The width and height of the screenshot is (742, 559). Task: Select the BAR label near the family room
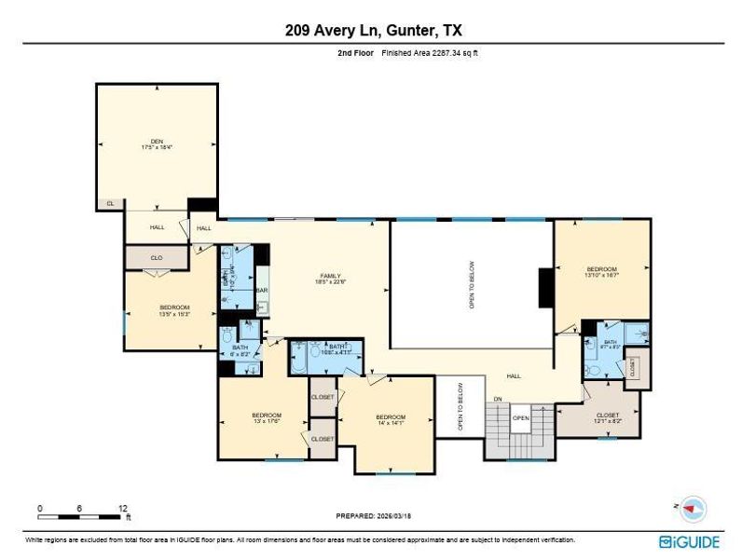coord(262,290)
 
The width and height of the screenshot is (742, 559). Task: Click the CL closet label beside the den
coord(110,203)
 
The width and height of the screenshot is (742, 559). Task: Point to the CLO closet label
coord(158,257)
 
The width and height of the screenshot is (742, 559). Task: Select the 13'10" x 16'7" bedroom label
coord(601,271)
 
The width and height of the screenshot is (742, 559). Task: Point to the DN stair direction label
coord(498,399)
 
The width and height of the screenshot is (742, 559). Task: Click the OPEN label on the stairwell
coord(520,417)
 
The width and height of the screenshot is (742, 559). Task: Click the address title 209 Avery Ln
coord(370,30)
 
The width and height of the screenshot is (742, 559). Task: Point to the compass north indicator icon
coord(693,509)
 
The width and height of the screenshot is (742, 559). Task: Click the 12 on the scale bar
coord(122,508)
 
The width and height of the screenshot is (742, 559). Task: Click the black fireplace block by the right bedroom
coord(545,288)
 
